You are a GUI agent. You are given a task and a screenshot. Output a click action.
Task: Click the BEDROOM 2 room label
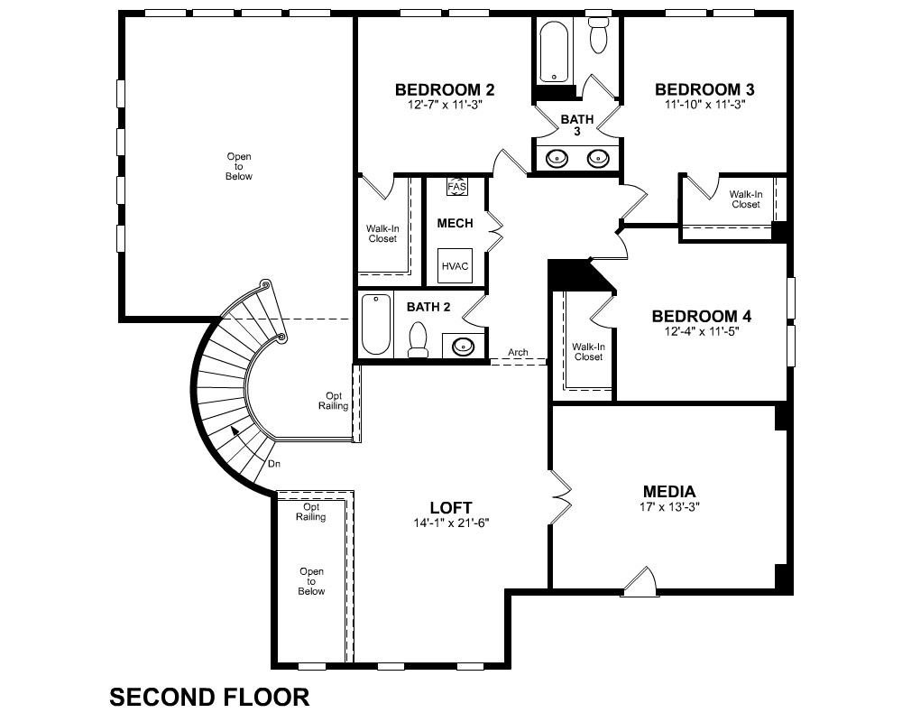coord(445,90)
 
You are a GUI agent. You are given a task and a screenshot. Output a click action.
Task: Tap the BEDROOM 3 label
coord(704,89)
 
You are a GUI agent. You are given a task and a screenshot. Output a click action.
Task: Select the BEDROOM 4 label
coord(701,316)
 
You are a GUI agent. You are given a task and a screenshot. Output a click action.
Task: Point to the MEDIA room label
coord(669,492)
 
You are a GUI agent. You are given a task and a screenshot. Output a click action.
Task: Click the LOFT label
coord(451,508)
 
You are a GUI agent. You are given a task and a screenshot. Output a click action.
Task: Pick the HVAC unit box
coord(455,266)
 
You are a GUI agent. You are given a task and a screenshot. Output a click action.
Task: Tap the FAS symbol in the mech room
coord(456,187)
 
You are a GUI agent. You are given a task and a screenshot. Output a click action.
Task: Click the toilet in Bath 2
coord(418,339)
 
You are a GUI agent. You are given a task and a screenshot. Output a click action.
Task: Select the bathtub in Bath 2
coord(375,324)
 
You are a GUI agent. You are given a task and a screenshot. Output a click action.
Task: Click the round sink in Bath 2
coord(463,346)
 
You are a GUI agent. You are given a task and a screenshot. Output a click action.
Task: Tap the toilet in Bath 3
coord(599,35)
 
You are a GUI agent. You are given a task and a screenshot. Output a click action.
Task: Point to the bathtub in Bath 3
coord(554,51)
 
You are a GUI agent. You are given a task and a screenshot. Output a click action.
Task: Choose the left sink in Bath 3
coord(557,158)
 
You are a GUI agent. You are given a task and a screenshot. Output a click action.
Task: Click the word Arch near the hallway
coord(518,352)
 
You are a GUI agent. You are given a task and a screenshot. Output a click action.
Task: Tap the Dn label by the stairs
coord(274,464)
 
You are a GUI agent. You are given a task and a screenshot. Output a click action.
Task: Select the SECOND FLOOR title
coord(209,698)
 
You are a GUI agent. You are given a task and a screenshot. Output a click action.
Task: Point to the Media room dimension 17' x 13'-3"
coord(669,507)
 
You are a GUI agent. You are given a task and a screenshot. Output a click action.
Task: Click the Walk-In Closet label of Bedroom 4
coord(588,352)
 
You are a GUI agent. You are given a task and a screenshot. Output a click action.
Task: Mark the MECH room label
coord(455,224)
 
